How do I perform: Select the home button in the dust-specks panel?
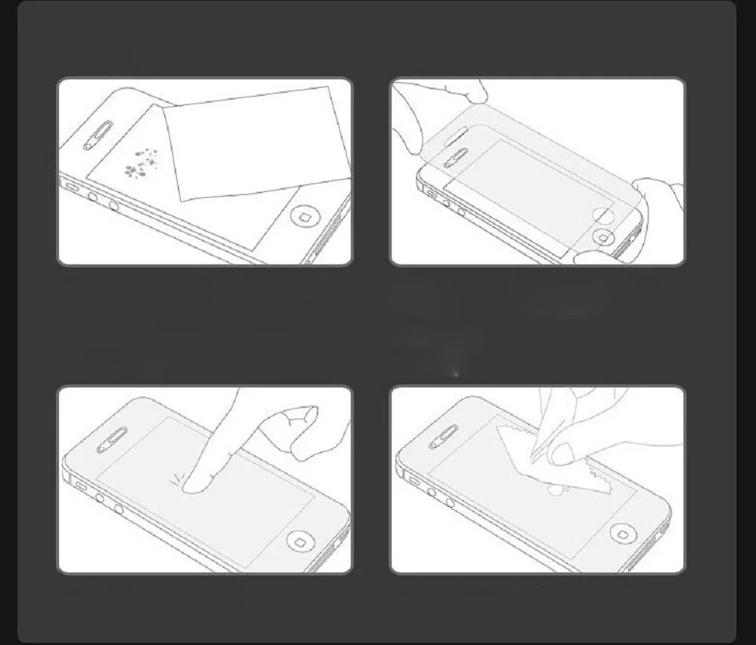(305, 218)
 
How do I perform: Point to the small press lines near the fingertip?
(177, 475)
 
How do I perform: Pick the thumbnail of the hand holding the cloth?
(561, 452)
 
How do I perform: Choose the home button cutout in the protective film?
(603, 214)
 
